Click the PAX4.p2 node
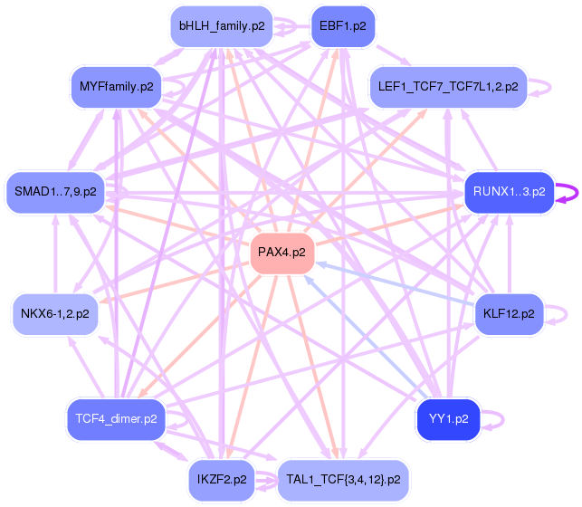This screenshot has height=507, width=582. pos(282,253)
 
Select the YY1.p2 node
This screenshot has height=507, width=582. pos(448,419)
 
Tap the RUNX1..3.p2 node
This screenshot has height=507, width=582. pos(510,192)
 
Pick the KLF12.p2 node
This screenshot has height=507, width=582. pos(509,314)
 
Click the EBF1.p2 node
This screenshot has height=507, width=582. pos(343,26)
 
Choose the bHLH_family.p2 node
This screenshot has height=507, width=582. pos(222,26)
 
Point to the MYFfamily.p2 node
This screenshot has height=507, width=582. pos(116,87)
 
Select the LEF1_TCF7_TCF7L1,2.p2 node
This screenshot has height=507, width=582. pos(448,87)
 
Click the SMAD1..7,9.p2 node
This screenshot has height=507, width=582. pos(56,192)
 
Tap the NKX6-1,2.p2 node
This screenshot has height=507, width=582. pos(55,314)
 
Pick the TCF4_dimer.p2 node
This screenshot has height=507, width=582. pos(116,419)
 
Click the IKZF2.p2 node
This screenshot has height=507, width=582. pos(222,480)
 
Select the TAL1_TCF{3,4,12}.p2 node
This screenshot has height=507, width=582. pos(343,480)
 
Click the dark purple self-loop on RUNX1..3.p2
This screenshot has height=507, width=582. pos(577,193)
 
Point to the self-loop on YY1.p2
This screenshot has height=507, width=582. pos(502,420)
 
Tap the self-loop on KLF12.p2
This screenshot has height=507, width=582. pos(567,315)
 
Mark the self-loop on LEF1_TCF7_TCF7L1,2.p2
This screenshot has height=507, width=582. pos(550,88)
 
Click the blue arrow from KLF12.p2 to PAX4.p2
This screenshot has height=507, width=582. pos(395,284)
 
